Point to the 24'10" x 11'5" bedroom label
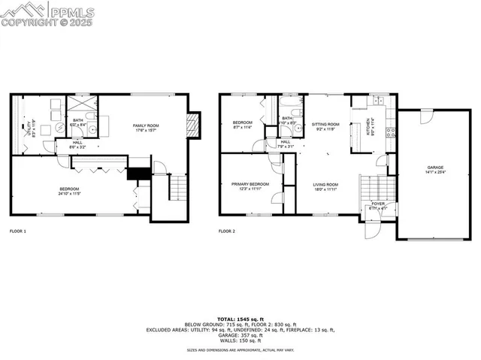click(69, 190)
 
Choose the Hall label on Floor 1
click(77, 144)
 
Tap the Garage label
click(435, 169)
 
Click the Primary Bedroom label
click(248, 186)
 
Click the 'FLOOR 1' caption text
click(17, 231)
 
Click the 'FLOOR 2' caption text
click(226, 231)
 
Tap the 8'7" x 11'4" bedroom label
click(242, 124)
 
